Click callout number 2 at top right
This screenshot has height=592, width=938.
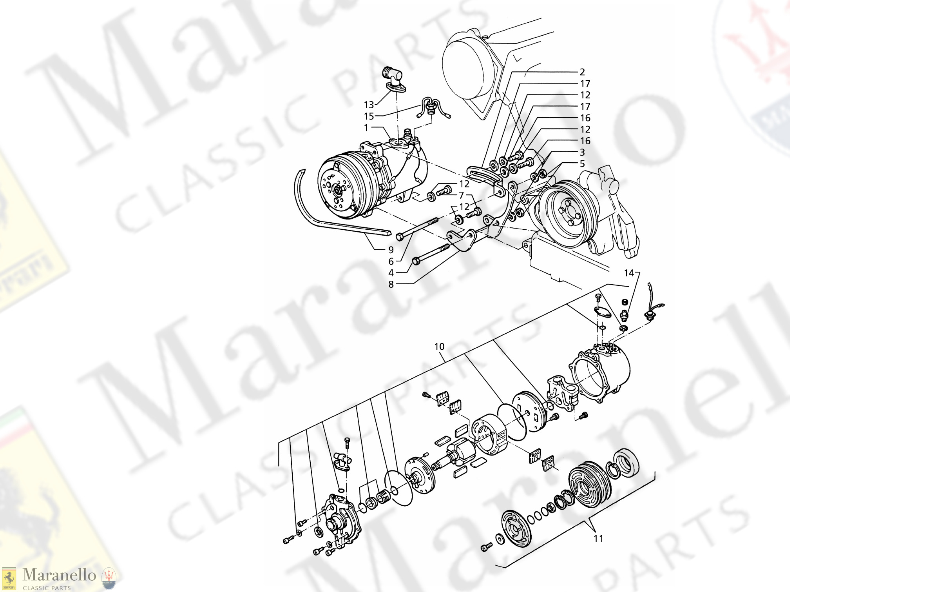tap(582, 72)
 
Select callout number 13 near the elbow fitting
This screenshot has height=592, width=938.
tap(369, 105)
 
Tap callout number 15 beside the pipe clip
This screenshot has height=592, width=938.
tap(369, 116)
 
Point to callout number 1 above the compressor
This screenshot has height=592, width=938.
tap(366, 128)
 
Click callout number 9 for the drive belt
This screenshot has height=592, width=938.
tap(391, 250)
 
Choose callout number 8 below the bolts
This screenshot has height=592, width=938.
tap(391, 284)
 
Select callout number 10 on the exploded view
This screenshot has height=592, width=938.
tap(439, 347)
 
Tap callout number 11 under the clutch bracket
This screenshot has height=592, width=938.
tap(598, 539)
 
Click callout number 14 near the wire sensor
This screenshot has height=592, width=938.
tap(629, 273)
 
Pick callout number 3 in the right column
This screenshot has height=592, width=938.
tap(582, 152)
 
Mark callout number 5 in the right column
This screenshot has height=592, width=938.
tap(582, 163)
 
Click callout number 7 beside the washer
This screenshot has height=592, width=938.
tap(462, 195)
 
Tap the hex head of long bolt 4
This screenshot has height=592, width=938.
tap(416, 261)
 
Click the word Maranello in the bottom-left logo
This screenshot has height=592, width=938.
tap(59, 575)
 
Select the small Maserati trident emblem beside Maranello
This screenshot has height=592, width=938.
tap(109, 578)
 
